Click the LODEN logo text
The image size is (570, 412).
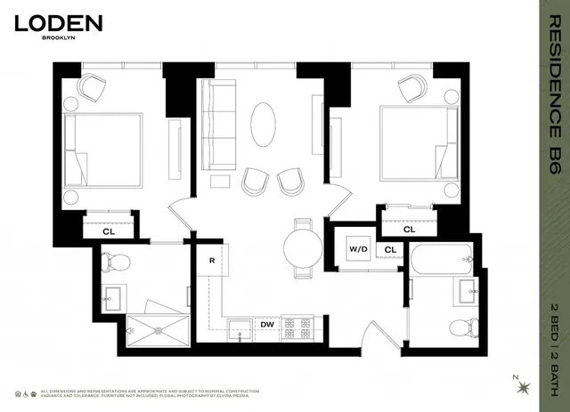(x=59, y=23)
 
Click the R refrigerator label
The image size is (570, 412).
(x=212, y=260)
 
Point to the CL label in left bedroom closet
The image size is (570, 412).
(x=109, y=230)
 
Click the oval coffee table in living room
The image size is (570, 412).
(x=264, y=125)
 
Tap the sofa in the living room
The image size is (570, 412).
(x=217, y=120)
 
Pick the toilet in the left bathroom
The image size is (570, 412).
(x=116, y=262)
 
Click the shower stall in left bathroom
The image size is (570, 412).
(x=158, y=327)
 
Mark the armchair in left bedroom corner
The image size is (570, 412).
(x=91, y=87)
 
